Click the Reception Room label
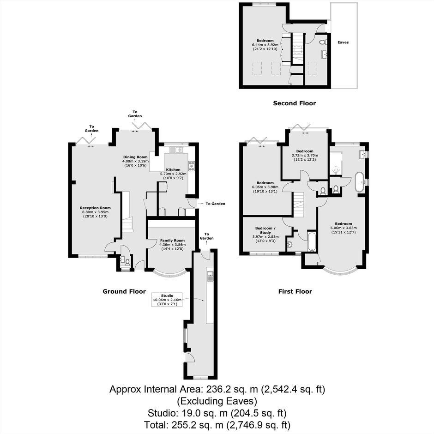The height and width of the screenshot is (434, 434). tap(95, 208)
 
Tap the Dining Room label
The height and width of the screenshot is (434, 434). tap(135, 157)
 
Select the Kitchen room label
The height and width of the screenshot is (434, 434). tap(173, 169)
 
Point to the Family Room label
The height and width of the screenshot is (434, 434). tap(172, 241)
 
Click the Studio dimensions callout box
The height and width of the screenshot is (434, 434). tap(167, 300)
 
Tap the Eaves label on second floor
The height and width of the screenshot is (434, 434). tap(343, 42)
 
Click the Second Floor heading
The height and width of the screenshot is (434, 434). tap(295, 103)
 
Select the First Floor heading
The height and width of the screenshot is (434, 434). tap(295, 291)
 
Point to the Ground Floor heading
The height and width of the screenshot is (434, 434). tap(124, 291)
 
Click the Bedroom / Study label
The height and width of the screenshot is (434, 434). tap(265, 230)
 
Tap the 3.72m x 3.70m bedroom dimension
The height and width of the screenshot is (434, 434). tap(305, 155)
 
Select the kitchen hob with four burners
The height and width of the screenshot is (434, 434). tap(192, 166)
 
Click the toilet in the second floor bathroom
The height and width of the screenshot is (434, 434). tap(323, 42)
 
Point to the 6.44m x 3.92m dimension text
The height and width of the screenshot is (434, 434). tap(265, 45)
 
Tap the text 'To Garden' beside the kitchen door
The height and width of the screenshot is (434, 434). tap(215, 204)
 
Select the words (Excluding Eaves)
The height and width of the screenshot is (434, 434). tap(217, 401)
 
